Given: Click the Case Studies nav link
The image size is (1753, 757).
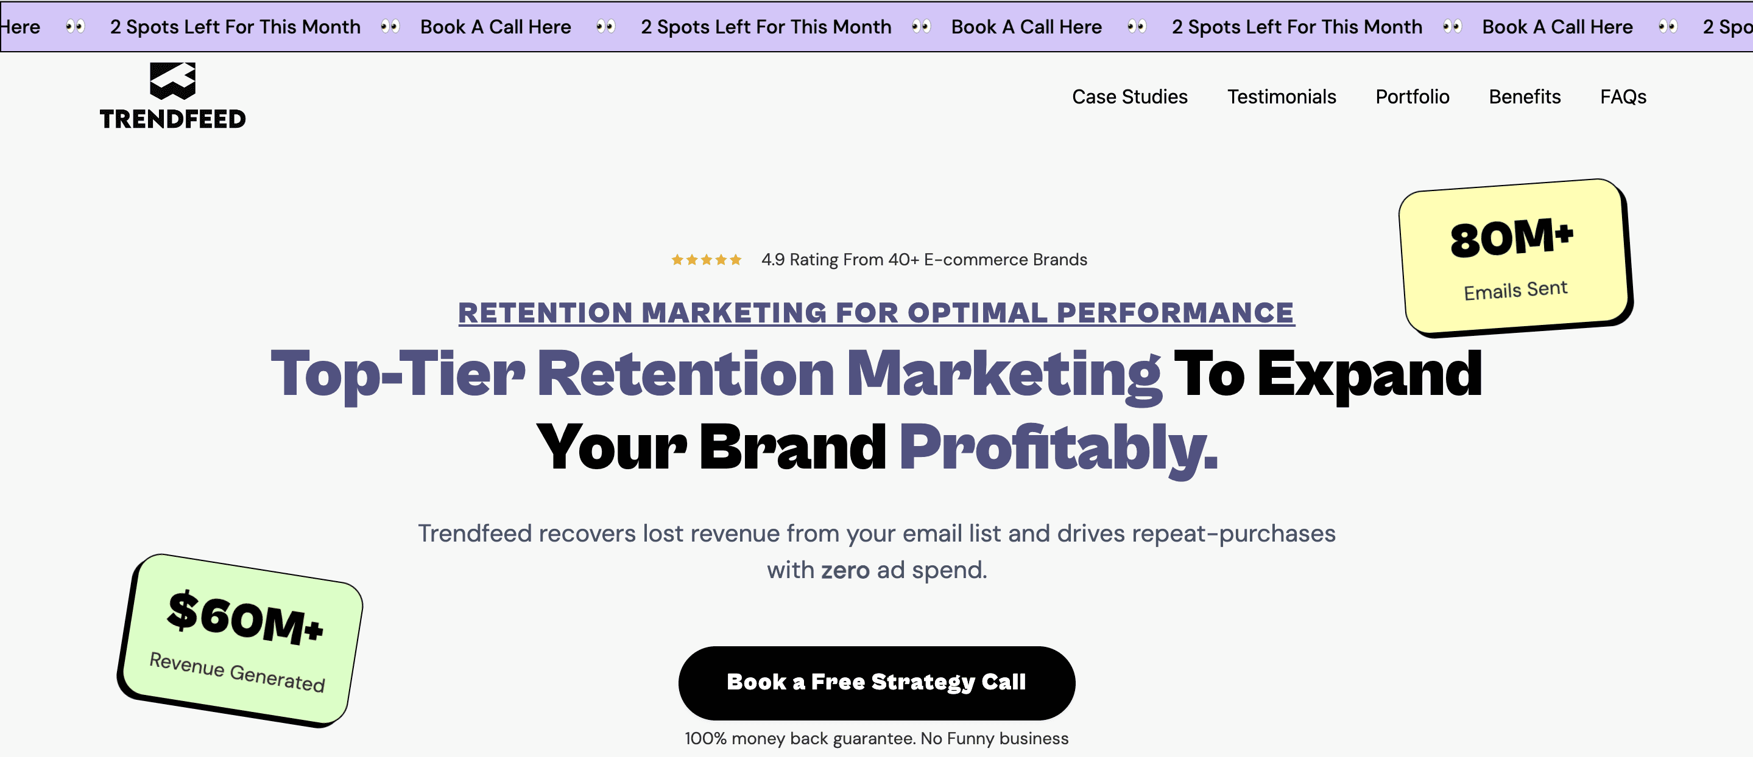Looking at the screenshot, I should point(1130,97).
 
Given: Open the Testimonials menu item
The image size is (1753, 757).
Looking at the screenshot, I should point(1282,97).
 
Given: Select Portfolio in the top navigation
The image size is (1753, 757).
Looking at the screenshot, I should point(1412,97).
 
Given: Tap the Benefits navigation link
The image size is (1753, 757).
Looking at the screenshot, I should point(1525,97).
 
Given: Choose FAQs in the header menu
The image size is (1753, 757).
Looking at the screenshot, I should point(1623,97).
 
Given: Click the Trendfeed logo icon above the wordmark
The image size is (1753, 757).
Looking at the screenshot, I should point(173,80).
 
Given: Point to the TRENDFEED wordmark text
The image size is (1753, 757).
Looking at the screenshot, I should point(173,119).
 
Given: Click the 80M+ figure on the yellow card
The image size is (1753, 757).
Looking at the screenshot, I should point(1511,237).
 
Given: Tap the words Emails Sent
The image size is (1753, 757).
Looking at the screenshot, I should point(1515,290).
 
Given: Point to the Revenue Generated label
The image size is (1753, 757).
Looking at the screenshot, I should point(237,671).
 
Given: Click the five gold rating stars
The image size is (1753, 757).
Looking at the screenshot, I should point(707,260).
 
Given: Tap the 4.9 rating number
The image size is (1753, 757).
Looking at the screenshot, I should point(772,260).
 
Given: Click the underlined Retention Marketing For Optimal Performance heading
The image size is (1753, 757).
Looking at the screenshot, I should point(876,313).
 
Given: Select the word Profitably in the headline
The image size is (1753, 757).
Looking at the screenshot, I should point(1058,447).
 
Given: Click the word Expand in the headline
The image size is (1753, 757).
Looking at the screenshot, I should point(1369,374).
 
